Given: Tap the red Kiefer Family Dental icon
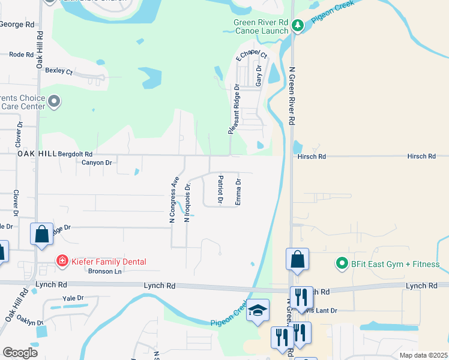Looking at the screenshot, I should pyautogui.click(x=62, y=261).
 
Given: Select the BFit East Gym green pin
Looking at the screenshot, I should pyautogui.click(x=342, y=263).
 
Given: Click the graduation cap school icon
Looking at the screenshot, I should pyautogui.click(x=258, y=310).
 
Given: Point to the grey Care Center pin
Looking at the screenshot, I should pyautogui.click(x=54, y=101).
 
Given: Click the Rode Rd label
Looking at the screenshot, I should pyautogui.click(x=21, y=54).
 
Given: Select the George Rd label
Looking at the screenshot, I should pyautogui.click(x=17, y=25).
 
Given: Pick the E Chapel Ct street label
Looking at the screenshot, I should pyautogui.click(x=251, y=56).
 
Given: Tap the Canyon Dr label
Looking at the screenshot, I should pyautogui.click(x=97, y=163).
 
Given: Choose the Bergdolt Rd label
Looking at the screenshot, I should pyautogui.click(x=75, y=154).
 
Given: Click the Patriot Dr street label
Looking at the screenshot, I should pyautogui.click(x=220, y=188).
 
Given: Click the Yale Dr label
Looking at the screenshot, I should pyautogui.click(x=72, y=298).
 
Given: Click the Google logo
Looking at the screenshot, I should pyautogui.click(x=20, y=352).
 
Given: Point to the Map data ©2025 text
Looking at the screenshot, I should pyautogui.click(x=423, y=355).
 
